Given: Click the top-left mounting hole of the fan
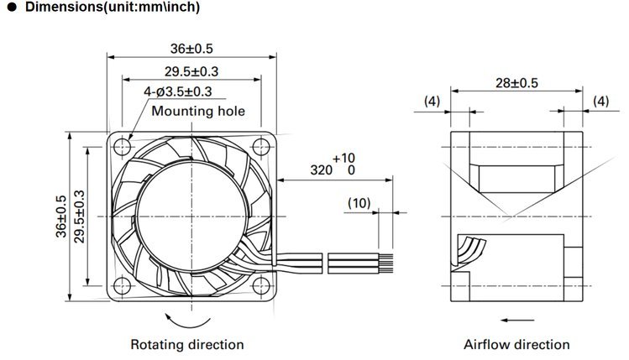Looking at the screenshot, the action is click(x=123, y=147).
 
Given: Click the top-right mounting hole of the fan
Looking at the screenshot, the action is click(x=261, y=147).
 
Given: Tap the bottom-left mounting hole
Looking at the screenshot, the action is click(x=123, y=286).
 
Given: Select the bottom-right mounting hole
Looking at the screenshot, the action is click(x=261, y=286).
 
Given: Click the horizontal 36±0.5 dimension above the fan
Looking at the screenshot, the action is click(x=191, y=49).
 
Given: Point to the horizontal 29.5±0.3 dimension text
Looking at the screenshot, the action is click(x=191, y=72).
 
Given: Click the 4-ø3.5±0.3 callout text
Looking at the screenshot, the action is click(x=178, y=91).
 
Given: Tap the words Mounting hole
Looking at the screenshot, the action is click(x=198, y=111).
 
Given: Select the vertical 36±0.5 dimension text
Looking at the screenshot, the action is click(x=61, y=217).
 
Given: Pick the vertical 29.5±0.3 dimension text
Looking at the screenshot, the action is click(x=80, y=217).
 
